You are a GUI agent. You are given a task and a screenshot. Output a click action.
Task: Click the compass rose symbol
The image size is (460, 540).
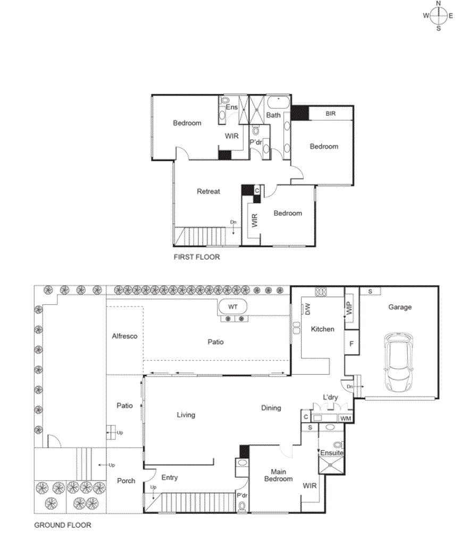pos(439,15)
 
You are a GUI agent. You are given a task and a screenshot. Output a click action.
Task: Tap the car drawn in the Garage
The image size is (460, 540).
pos(400,362)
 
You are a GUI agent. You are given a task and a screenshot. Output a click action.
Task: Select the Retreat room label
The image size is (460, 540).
pos(208,191)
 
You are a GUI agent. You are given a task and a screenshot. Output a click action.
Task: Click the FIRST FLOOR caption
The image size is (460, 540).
pos(196,256)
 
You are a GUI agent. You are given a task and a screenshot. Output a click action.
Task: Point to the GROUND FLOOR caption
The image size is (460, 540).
pos(62,525)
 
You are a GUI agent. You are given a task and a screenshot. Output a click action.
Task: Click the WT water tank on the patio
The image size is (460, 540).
pos(232,307)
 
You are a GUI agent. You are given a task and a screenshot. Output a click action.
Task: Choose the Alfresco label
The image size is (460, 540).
pos(124,336)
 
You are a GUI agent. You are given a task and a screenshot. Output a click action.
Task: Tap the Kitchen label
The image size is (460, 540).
pos(322,329)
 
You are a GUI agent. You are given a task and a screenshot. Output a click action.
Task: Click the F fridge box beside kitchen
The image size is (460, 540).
pos(352,344)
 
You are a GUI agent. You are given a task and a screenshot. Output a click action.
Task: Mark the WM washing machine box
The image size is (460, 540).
pos(346,419)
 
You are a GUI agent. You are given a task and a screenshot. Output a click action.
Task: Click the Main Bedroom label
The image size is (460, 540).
pos(278,475)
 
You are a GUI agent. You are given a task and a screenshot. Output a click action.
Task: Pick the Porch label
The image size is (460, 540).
pos(126,481)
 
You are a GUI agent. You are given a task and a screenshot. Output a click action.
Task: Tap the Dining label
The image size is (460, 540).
pos(271,408)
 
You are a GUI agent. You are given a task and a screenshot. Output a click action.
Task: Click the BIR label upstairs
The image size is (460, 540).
pos(330,114)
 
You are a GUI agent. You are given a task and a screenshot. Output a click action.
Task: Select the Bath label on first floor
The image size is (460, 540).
pos(273,115)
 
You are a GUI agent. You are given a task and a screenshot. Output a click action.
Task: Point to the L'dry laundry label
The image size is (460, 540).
pos(330,397)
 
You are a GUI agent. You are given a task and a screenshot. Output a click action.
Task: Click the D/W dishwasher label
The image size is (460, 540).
pos(307,308)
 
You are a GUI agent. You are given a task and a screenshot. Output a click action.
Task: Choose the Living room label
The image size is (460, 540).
pos(186,415)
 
